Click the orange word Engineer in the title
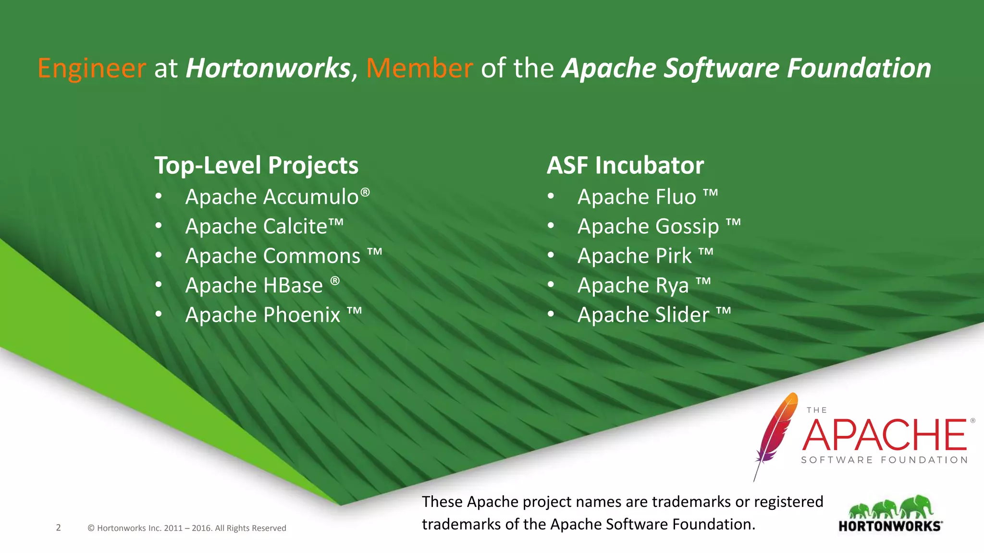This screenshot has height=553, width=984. tap(91, 68)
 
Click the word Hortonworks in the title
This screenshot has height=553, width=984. tap(268, 68)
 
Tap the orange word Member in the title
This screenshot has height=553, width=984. tap(419, 68)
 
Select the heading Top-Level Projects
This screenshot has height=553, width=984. tap(256, 166)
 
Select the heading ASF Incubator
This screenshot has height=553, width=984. tap(625, 166)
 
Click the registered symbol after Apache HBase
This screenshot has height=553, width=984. tap(335, 280)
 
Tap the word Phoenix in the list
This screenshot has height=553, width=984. tap(302, 315)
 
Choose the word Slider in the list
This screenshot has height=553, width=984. tap(682, 315)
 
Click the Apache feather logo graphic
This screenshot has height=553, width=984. tap(774, 432)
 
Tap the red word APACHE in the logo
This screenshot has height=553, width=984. tap(884, 434)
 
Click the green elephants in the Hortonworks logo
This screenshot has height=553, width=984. tap(891, 508)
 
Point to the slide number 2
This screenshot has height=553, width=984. tap(59, 528)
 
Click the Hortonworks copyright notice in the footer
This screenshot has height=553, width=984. tap(187, 528)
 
